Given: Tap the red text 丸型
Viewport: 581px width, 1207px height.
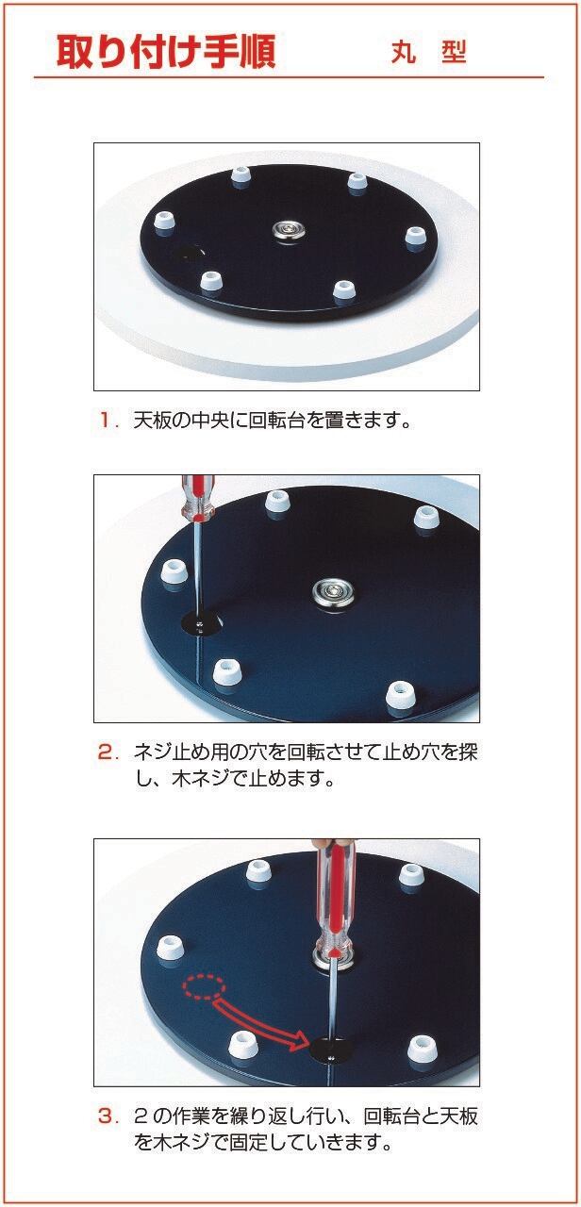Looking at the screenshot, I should coord(429,52).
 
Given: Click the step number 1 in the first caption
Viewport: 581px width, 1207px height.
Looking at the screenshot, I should coord(106,420).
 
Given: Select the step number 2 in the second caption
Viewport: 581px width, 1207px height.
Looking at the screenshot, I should coord(107,752).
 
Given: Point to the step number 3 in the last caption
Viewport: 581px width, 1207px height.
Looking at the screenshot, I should coord(107,1117).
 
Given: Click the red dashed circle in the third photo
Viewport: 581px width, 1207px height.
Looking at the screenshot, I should coord(205,987).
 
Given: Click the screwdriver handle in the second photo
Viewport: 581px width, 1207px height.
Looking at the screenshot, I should coord(197,499).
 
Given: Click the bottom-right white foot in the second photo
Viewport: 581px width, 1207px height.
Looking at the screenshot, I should coord(402,697).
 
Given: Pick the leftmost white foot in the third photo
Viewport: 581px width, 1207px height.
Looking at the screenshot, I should coord(171,947).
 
